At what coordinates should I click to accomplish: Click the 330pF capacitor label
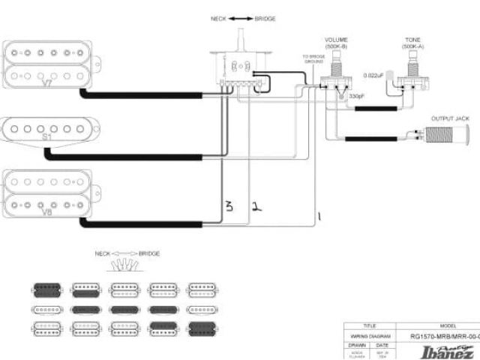pyautogui.click(x=356, y=97)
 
